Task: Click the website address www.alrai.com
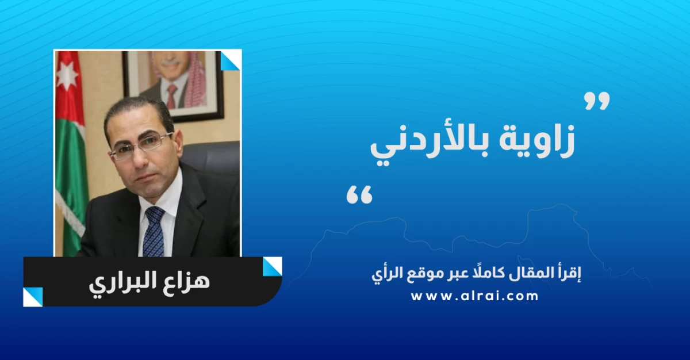coord(474,296)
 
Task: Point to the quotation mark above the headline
coord(597,101)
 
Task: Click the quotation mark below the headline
coord(359,194)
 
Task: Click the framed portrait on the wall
coord(173,85)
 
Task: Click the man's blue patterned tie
coord(155,231)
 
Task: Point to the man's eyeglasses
coord(141,146)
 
